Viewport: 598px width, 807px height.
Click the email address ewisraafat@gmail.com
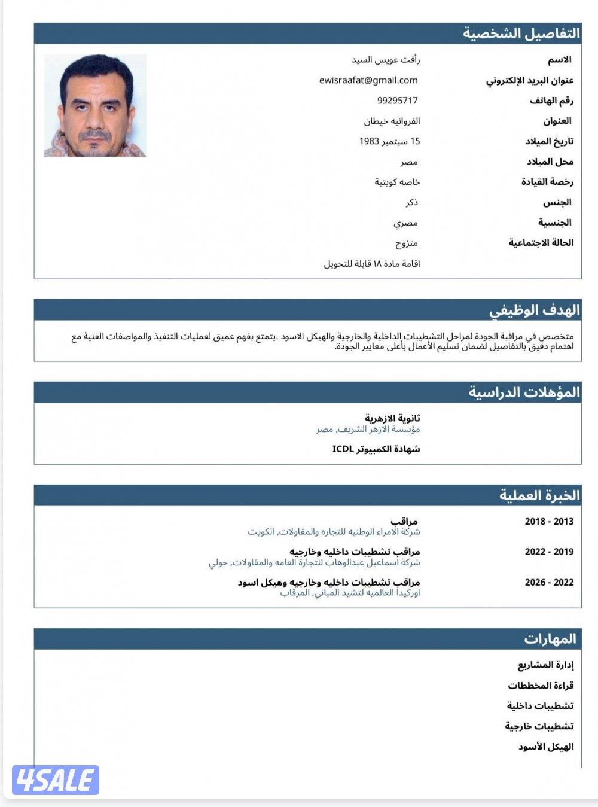(368, 80)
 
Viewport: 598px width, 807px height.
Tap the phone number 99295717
(398, 101)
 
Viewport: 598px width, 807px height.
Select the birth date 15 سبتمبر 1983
(389, 141)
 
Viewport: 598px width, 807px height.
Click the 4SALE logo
(55, 780)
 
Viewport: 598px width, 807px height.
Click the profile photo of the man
(95, 106)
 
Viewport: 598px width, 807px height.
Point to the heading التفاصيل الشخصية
(521, 34)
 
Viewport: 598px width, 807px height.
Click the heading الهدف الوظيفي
(534, 310)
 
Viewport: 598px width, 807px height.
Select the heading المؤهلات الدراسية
(524, 392)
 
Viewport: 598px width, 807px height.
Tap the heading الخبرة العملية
(539, 495)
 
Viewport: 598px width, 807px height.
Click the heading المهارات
(550, 639)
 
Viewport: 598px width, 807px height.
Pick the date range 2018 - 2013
(549, 521)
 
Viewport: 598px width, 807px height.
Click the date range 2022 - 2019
(549, 552)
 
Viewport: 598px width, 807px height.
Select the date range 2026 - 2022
(549, 582)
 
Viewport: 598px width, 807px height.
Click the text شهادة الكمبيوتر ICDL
(376, 449)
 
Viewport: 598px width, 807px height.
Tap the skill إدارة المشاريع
(545, 665)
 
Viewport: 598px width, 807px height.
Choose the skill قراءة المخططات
(541, 686)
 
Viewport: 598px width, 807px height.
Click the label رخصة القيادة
(547, 182)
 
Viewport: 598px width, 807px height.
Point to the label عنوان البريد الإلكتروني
(529, 81)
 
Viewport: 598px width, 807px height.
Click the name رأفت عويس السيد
(386, 60)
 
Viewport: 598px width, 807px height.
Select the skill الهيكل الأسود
(545, 747)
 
